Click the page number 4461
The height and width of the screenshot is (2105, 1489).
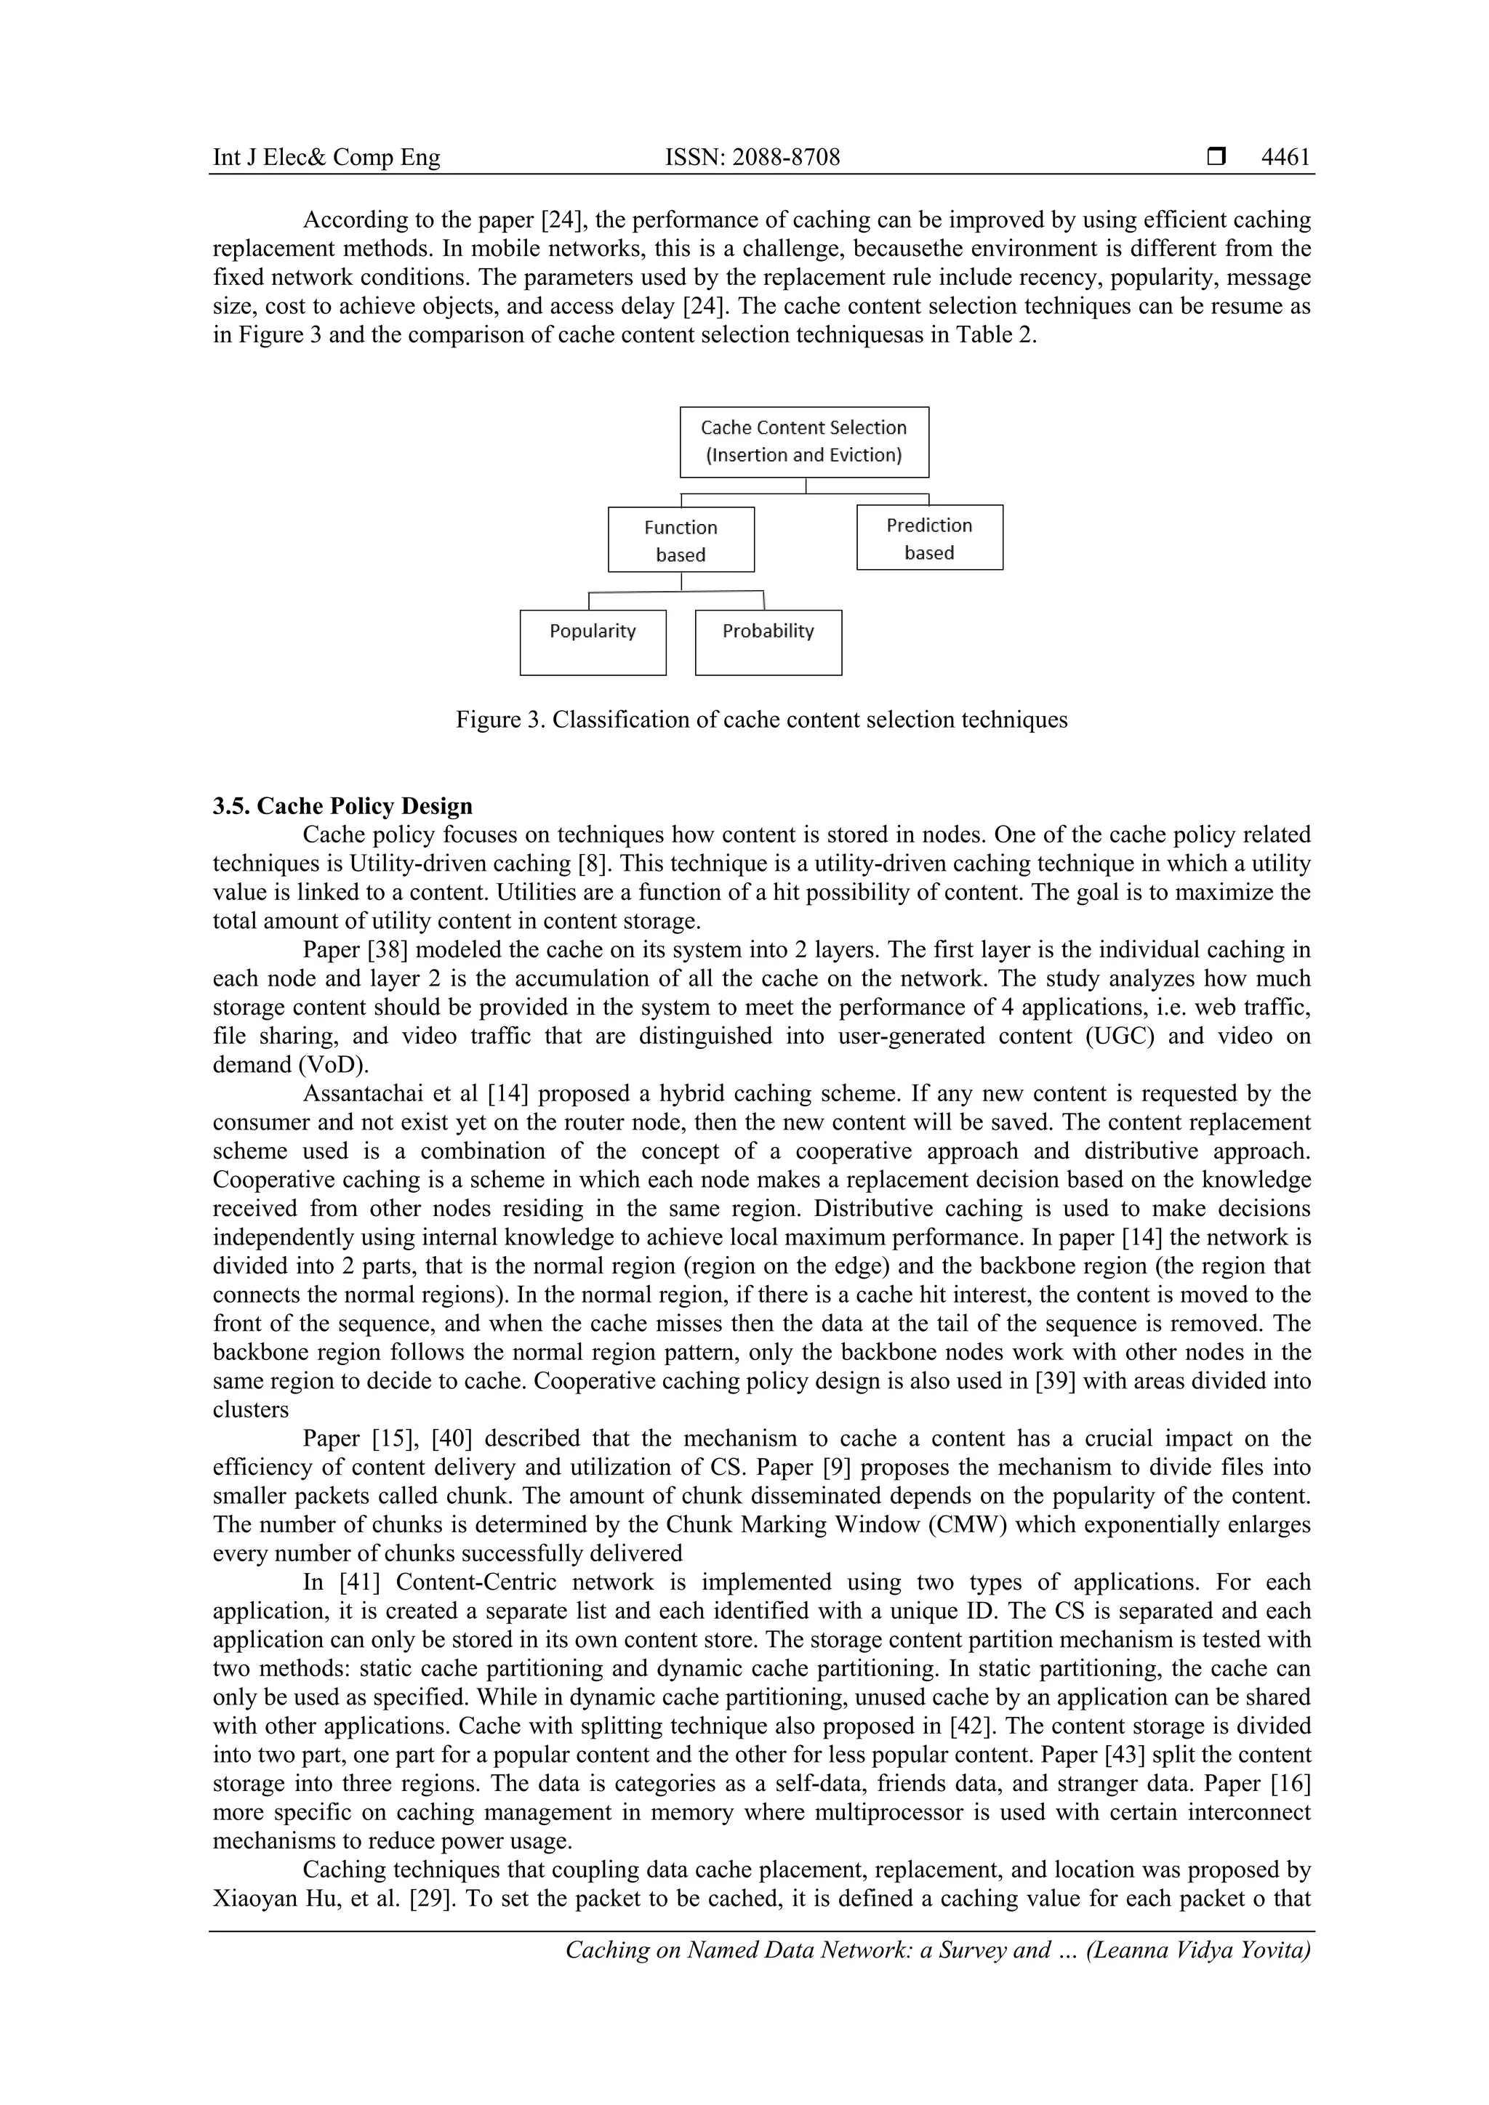1285,158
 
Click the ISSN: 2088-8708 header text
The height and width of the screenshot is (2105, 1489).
752,158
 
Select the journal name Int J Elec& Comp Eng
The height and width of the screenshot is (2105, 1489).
326,158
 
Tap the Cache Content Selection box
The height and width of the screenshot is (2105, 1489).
803,442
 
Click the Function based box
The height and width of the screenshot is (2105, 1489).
681,540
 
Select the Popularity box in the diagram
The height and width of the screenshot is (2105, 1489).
593,642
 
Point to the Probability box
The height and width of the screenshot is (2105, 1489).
768,642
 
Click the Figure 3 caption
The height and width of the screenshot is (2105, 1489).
761,720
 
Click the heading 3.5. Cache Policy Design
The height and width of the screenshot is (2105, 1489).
343,806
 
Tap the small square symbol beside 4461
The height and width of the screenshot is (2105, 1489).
1216,158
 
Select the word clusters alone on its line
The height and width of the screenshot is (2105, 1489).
250,1410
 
